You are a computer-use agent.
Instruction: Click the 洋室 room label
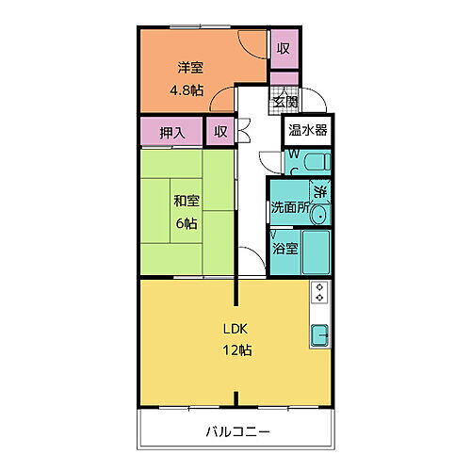tap(191, 68)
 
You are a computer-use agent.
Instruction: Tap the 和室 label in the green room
tap(185, 201)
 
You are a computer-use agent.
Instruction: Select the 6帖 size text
tap(185, 223)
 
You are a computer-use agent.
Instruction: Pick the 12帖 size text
tap(236, 350)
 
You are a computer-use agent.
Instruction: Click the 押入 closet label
tap(171, 131)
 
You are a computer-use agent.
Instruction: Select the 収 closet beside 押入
tap(219, 131)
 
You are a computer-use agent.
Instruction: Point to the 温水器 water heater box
tap(308, 130)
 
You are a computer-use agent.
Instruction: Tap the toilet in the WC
tap(315, 161)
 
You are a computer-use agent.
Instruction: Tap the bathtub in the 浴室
tap(316, 251)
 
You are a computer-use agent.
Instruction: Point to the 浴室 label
tap(285, 250)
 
